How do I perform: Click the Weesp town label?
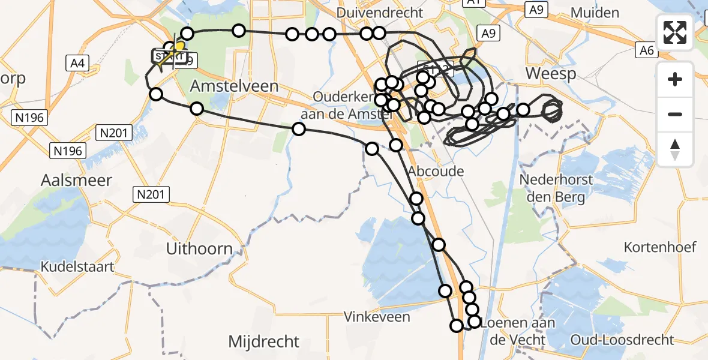click(x=550, y=74)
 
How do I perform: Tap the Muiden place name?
click(x=595, y=13)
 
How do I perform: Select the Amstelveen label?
click(x=234, y=86)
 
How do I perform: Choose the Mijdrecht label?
click(x=263, y=342)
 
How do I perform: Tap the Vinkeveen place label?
click(x=377, y=317)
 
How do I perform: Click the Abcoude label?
click(x=436, y=172)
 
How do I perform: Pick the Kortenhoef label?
click(x=659, y=247)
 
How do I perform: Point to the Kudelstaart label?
click(x=77, y=266)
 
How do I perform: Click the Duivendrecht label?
click(x=380, y=13)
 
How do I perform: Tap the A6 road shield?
click(x=646, y=50)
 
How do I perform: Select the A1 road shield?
click(x=473, y=3)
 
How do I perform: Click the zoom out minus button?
click(x=675, y=114)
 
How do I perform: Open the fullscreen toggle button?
click(x=675, y=32)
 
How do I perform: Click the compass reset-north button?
click(x=675, y=149)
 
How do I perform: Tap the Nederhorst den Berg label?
click(x=556, y=188)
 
